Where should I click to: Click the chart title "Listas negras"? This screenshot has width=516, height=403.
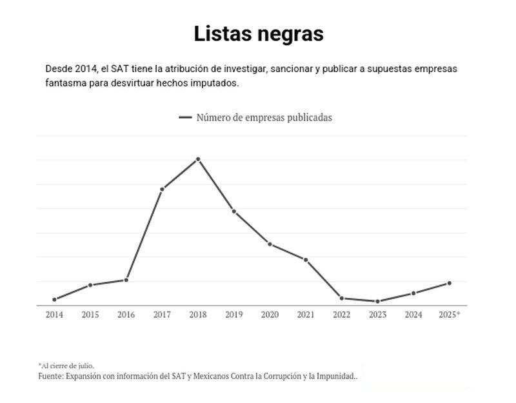pyautogui.click(x=258, y=34)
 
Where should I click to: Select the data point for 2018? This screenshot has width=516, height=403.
pyautogui.click(x=198, y=159)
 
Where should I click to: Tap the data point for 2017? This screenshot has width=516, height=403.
pyautogui.click(x=162, y=189)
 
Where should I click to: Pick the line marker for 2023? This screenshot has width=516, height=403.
pyautogui.click(x=377, y=301)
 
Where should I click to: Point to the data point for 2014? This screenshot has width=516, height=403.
pyautogui.click(x=54, y=299)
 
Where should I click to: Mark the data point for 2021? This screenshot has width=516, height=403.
pyautogui.click(x=306, y=260)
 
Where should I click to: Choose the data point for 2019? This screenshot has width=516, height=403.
pyautogui.click(x=233, y=211)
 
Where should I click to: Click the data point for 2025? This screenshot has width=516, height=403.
pyautogui.click(x=449, y=283)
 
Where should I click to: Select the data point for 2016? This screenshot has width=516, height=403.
pyautogui.click(x=126, y=280)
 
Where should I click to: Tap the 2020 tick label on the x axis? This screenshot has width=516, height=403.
pyautogui.click(x=270, y=315)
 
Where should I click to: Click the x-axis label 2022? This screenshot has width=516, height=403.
pyautogui.click(x=341, y=315)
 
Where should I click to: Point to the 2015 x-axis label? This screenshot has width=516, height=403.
pyautogui.click(x=90, y=315)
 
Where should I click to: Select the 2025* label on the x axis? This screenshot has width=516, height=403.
pyautogui.click(x=449, y=315)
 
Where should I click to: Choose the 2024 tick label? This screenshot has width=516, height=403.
pyautogui.click(x=413, y=315)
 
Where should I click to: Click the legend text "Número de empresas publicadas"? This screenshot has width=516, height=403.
pyautogui.click(x=264, y=117)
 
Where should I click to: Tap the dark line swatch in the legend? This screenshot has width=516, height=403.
pyautogui.click(x=186, y=117)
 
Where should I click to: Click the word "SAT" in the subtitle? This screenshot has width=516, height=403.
pyautogui.click(x=121, y=69)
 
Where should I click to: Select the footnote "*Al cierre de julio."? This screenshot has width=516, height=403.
pyautogui.click(x=66, y=366)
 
